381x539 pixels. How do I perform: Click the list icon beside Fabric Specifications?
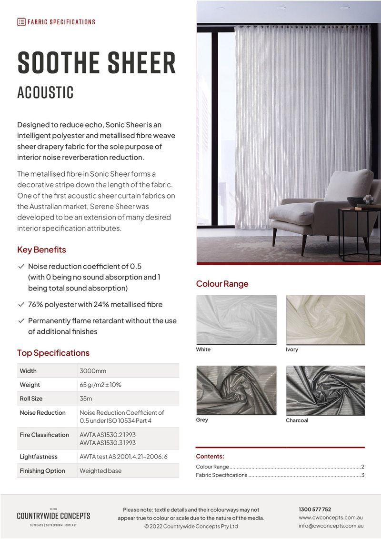[21, 22]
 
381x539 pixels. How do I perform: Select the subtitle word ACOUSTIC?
[45, 92]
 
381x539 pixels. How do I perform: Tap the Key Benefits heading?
[41, 250]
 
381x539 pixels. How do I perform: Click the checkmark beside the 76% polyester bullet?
[21, 304]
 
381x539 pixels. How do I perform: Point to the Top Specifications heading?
[53, 353]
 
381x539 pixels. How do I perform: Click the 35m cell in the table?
[86, 399]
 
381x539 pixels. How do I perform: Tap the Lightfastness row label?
[39, 457]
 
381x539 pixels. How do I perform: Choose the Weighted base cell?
[100, 471]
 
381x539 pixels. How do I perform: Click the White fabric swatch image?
[236, 319]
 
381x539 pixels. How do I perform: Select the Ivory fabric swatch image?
[325, 319]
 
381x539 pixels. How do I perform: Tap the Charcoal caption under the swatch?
[297, 420]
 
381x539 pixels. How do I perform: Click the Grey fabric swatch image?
[236, 390]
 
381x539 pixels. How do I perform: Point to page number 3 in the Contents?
[362, 475]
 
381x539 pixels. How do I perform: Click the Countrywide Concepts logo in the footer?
[53, 516]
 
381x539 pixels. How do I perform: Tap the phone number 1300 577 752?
[315, 509]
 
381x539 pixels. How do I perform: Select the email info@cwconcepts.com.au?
[331, 526]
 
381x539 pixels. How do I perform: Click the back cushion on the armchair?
[348, 186]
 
